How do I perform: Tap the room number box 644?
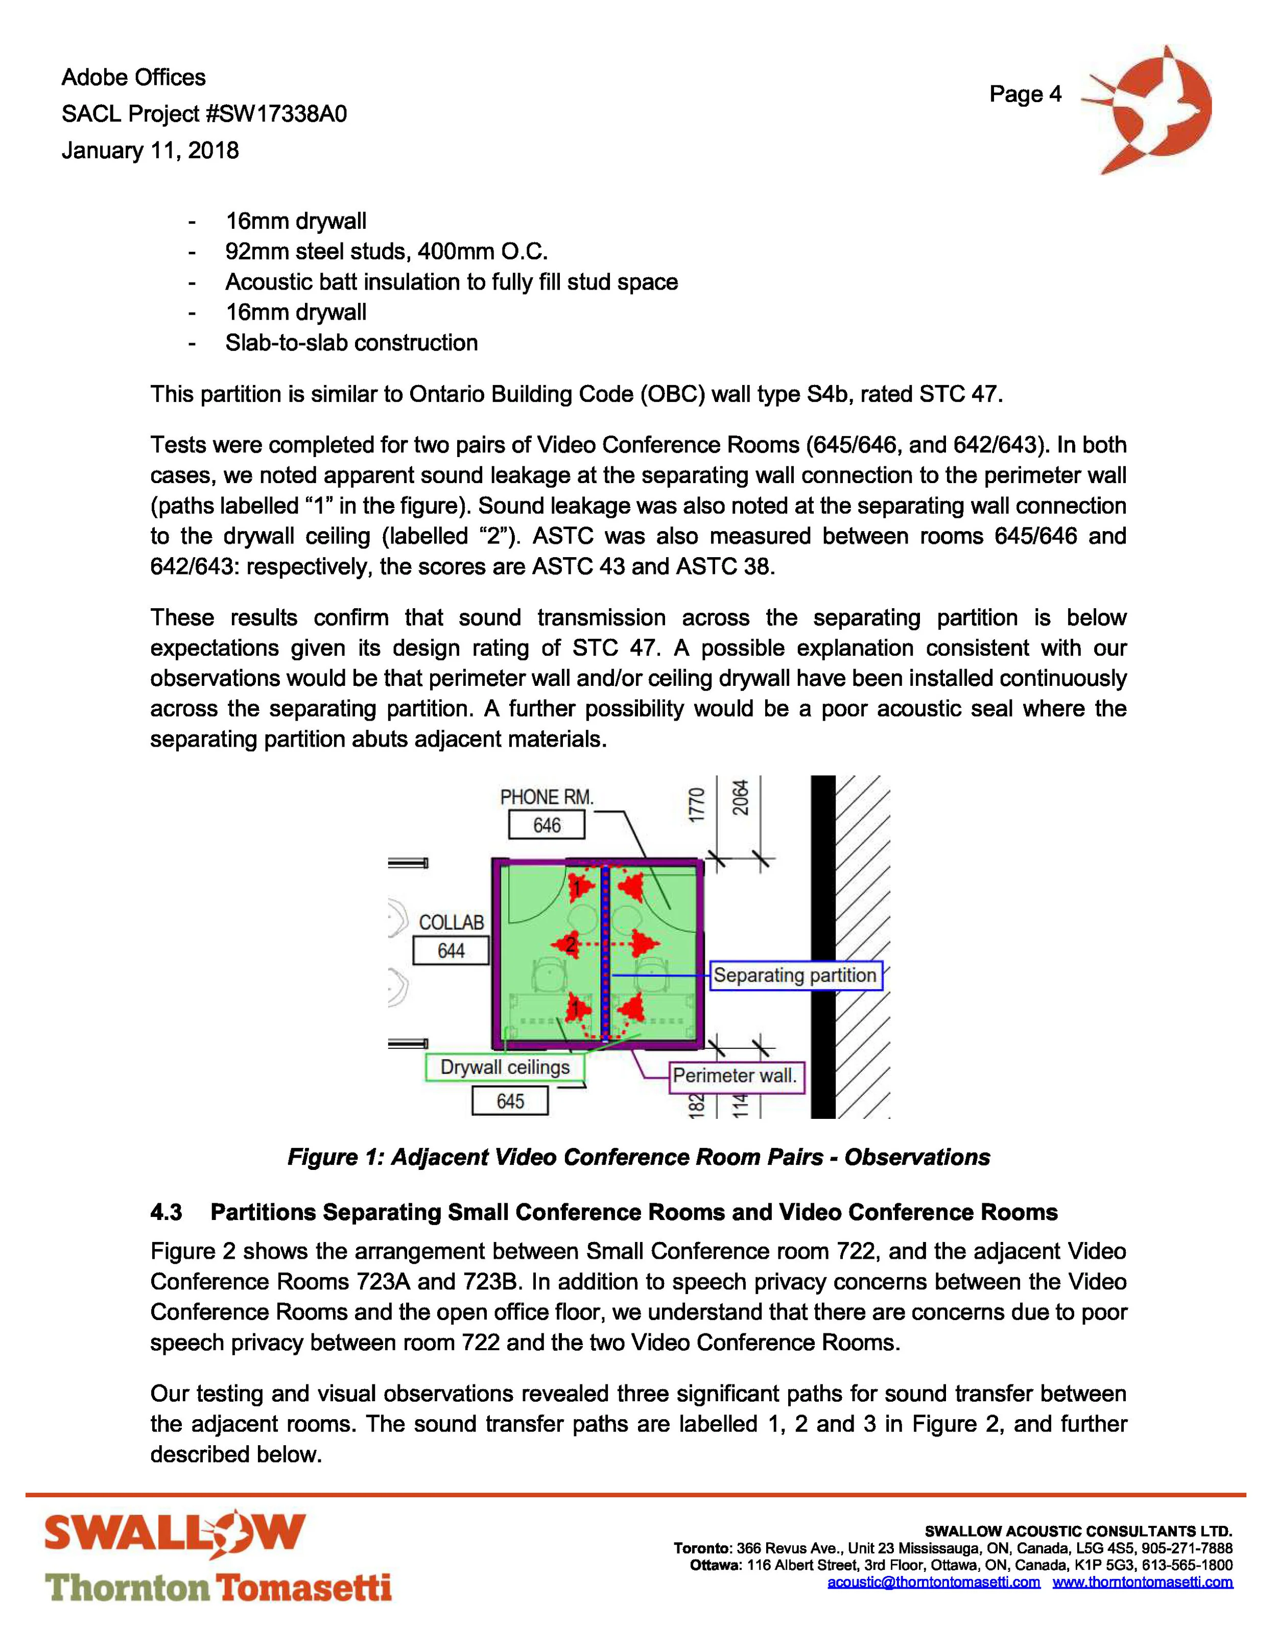coord(451,950)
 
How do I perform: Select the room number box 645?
coord(510,1100)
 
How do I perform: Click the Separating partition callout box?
coord(794,975)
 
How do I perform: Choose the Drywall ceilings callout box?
coord(505,1067)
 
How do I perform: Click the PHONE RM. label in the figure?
coord(546,797)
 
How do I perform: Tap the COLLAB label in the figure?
coord(451,922)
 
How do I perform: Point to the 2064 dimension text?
coord(740,797)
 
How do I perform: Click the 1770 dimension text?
coord(697,803)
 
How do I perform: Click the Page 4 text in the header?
coord(1025,94)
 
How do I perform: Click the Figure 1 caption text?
coord(638,1157)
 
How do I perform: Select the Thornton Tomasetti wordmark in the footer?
coord(218,1587)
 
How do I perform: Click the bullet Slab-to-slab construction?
coord(351,343)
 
